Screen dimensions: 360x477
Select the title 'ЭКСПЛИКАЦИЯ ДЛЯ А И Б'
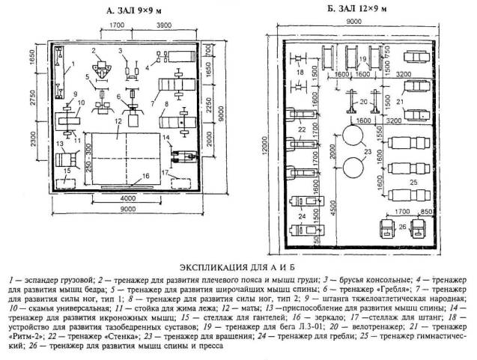238,266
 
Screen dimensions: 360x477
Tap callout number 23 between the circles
366,153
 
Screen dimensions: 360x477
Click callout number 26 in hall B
401,227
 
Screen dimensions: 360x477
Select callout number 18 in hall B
300,73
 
